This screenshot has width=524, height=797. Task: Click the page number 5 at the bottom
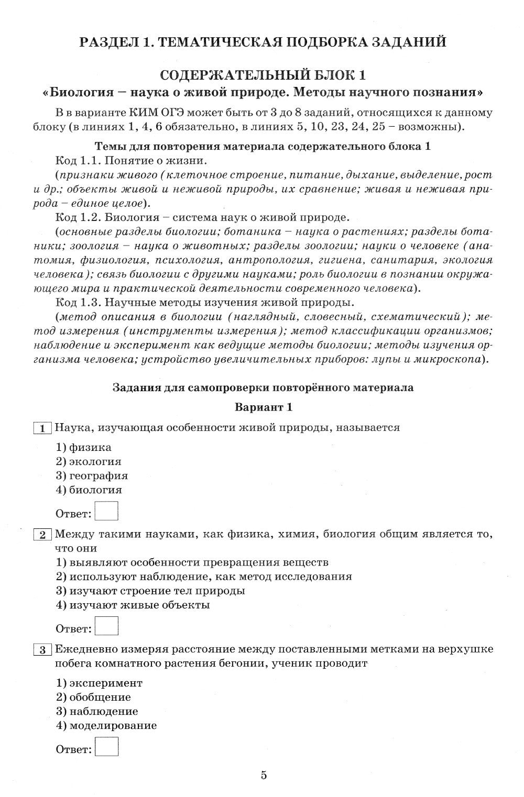(x=264, y=776)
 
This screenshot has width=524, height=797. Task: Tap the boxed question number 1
(x=42, y=428)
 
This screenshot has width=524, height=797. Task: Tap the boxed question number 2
(x=42, y=535)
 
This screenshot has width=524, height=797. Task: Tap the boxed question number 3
(x=42, y=650)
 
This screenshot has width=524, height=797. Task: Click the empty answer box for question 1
(x=108, y=511)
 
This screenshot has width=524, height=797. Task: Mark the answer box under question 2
(x=108, y=626)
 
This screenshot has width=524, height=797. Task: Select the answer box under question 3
(x=108, y=747)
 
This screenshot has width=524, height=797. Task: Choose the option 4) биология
(x=89, y=490)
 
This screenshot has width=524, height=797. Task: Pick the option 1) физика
(x=83, y=447)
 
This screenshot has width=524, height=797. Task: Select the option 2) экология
(x=89, y=461)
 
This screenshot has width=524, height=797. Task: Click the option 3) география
(x=92, y=475)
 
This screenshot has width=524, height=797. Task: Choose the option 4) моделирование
(x=106, y=726)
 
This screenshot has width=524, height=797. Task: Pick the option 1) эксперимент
(x=99, y=683)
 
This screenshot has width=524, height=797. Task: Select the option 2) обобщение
(x=93, y=697)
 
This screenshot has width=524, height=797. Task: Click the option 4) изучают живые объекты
(x=133, y=605)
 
